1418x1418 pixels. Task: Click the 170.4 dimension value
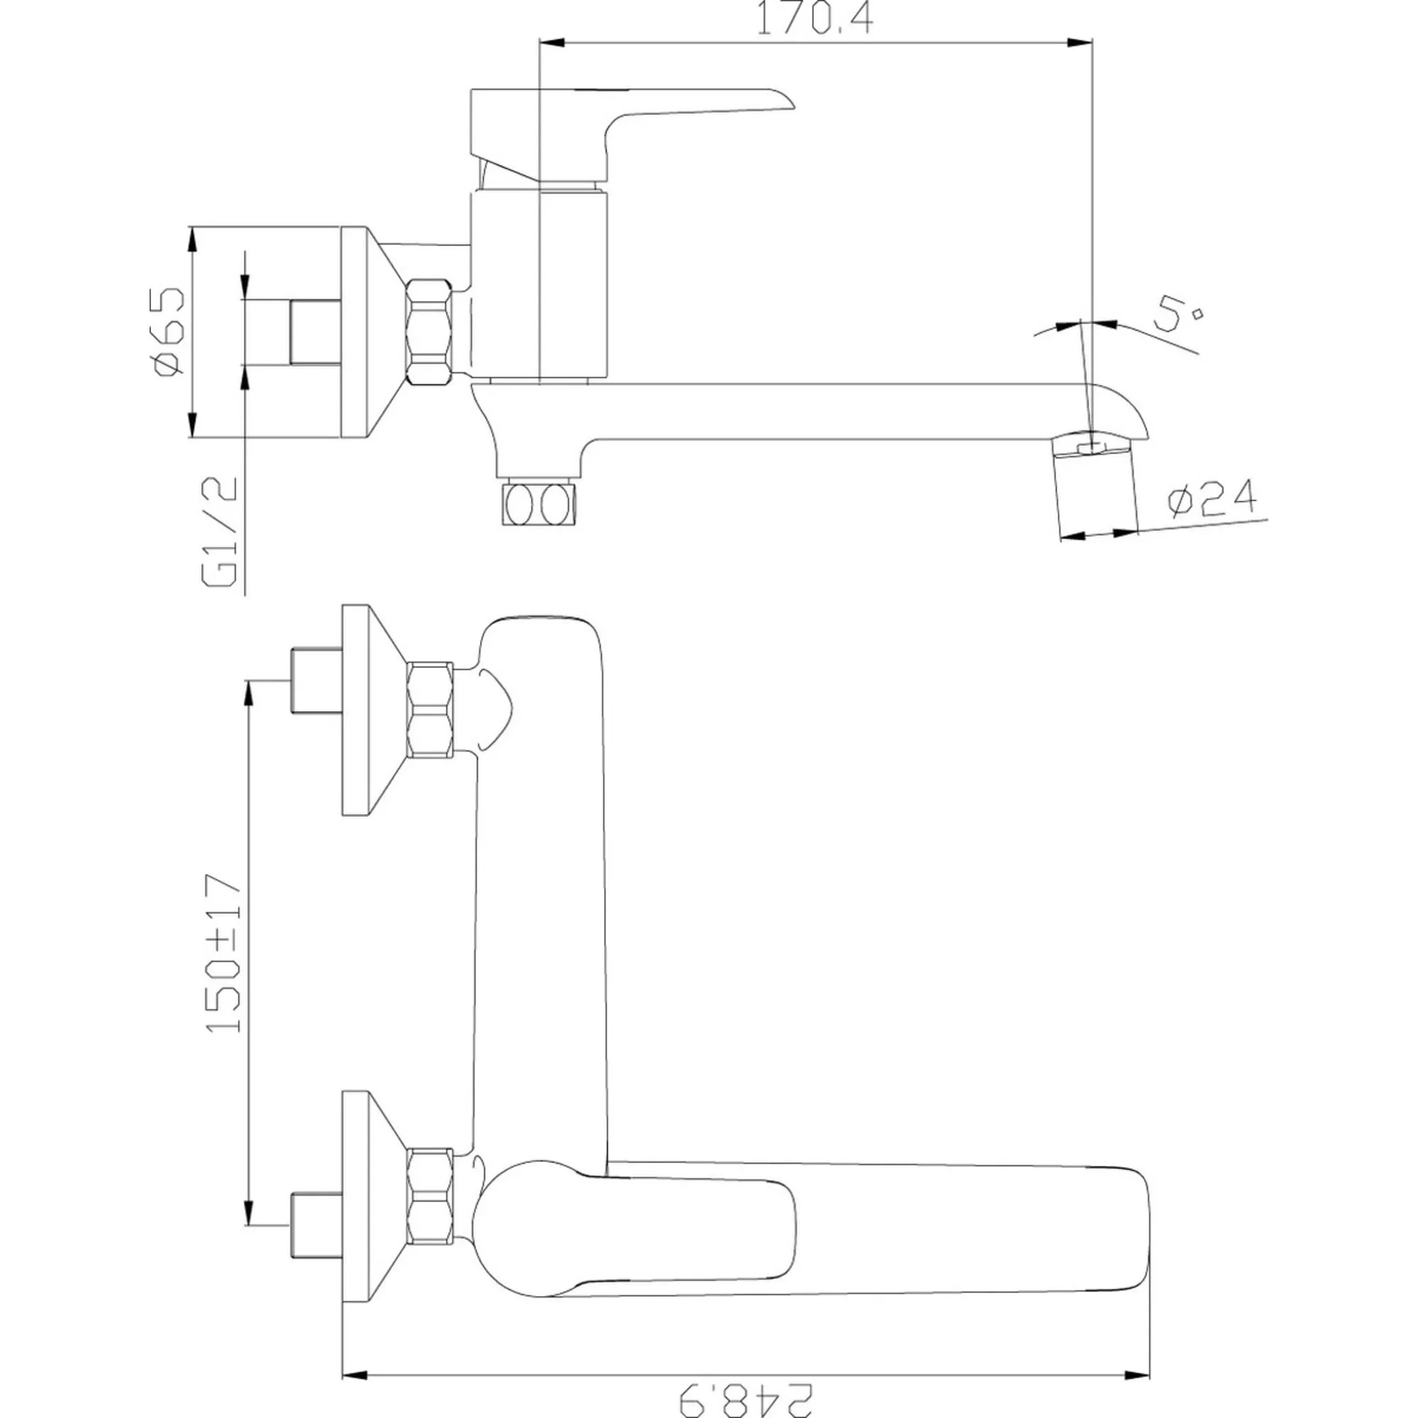815,19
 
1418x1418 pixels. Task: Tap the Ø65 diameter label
169,332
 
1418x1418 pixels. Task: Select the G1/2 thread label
220,532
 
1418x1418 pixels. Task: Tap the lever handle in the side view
631,136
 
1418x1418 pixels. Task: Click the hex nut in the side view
430,332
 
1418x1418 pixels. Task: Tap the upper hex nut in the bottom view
430,709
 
